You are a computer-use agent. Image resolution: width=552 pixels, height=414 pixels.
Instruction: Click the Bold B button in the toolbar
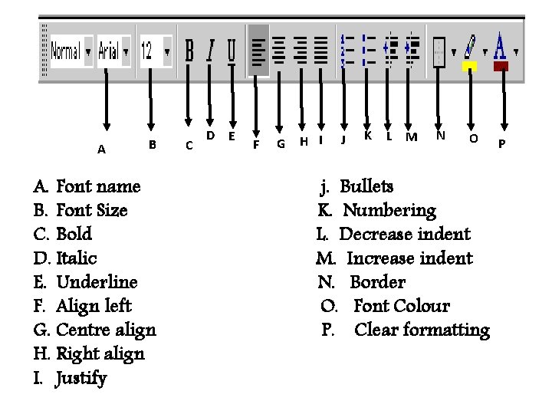[189, 51]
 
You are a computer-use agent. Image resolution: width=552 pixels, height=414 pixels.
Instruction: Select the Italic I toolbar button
[210, 51]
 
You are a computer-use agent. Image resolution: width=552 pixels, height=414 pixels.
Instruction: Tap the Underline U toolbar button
[232, 51]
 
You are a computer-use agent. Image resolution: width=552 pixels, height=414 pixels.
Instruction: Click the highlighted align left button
[258, 51]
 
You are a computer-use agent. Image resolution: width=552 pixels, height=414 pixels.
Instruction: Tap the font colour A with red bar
[501, 51]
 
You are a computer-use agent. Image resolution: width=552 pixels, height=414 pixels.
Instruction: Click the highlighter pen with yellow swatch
[469, 51]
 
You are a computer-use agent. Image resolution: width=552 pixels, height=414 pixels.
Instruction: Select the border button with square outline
[439, 51]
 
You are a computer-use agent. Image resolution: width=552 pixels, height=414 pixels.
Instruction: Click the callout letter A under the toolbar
[102, 149]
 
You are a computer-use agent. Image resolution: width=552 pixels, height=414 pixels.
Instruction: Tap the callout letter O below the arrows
[473, 139]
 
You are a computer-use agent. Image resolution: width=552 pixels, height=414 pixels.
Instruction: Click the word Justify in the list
[81, 378]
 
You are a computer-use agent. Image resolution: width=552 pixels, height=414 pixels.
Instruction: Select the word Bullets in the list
[366, 186]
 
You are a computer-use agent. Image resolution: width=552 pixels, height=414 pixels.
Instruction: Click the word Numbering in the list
[389, 210]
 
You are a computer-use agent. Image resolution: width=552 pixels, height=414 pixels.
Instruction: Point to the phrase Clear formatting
[422, 330]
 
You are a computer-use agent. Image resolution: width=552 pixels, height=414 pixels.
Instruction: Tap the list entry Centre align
[106, 330]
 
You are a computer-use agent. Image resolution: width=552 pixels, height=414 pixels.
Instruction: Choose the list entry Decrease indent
[404, 234]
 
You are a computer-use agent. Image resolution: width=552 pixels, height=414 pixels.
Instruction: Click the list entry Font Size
[92, 210]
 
